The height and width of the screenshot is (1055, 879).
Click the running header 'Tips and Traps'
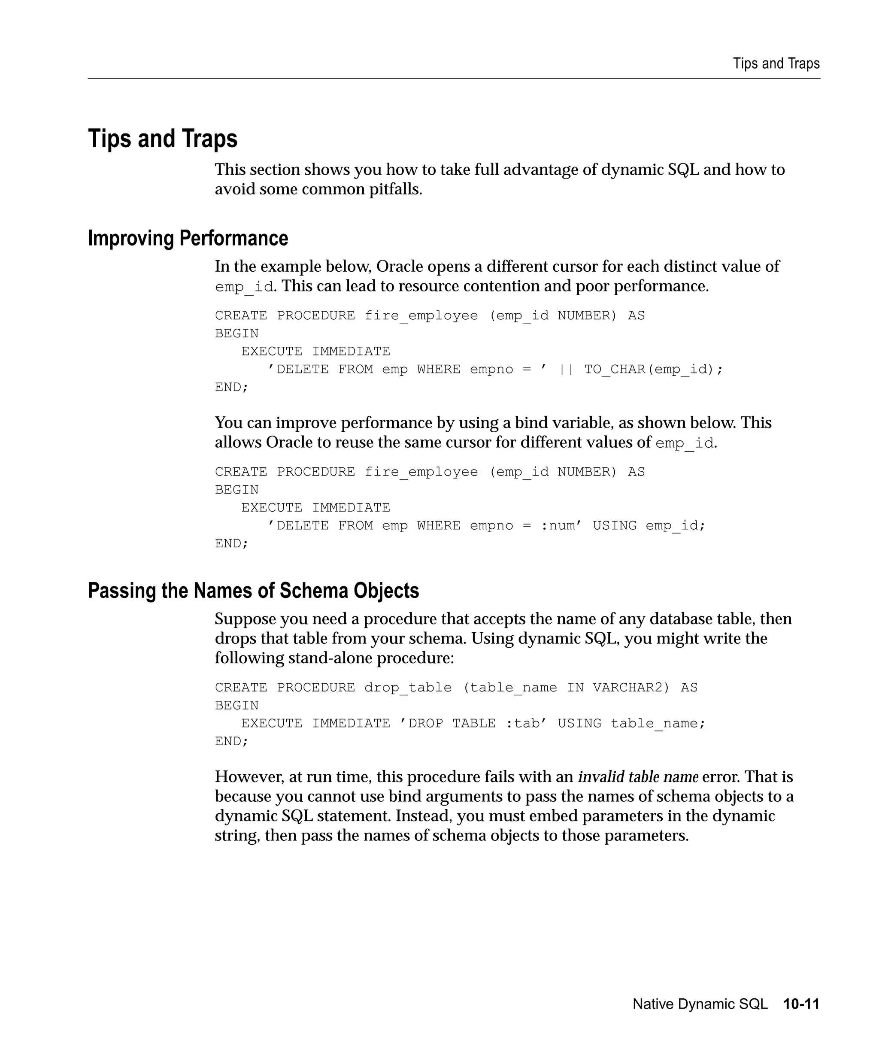click(776, 64)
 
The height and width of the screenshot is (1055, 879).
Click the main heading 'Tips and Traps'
click(163, 139)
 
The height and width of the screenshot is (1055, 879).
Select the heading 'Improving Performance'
click(188, 238)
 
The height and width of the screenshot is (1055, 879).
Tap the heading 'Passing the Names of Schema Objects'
click(253, 591)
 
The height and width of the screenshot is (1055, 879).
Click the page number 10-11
click(801, 1004)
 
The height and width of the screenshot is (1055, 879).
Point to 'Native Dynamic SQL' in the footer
click(700, 1004)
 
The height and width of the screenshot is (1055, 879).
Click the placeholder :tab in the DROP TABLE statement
click(522, 723)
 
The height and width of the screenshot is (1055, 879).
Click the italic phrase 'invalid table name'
click(638, 777)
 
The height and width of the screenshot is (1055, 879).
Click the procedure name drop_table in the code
click(408, 687)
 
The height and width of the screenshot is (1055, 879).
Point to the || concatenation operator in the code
click(566, 369)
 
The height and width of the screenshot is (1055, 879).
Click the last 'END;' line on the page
click(232, 742)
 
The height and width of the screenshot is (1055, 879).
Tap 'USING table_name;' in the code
click(631, 723)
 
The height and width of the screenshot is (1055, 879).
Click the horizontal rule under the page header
click(454, 79)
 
